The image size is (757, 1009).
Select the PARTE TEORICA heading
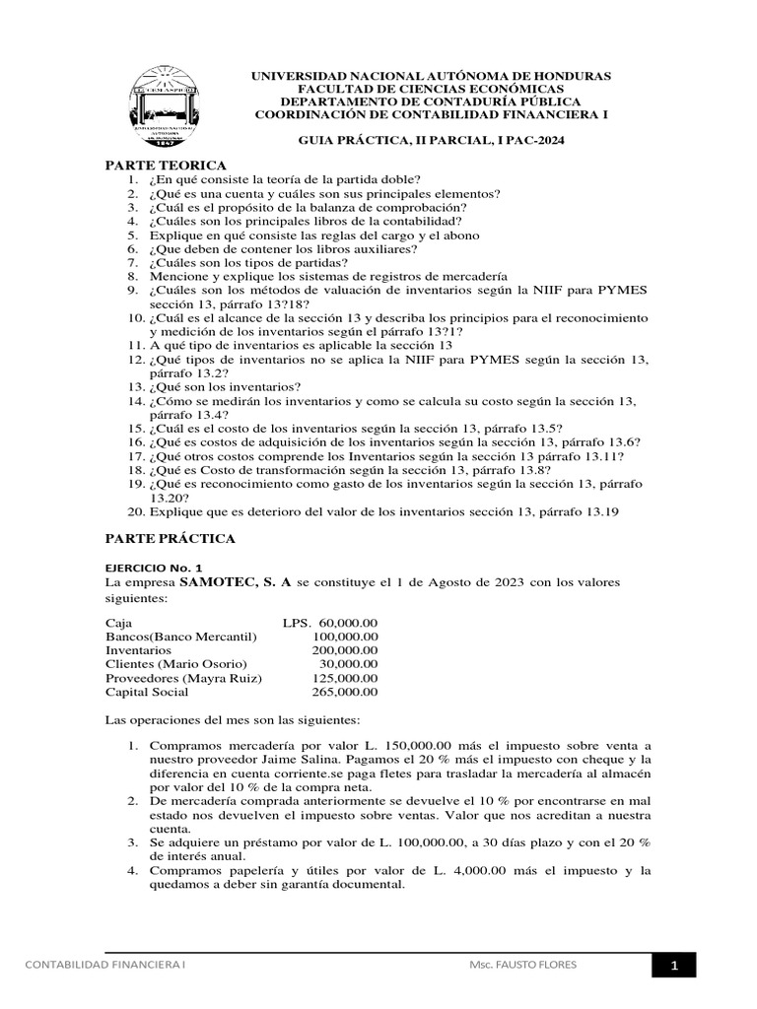(x=166, y=165)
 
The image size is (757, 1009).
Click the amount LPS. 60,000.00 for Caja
(x=329, y=623)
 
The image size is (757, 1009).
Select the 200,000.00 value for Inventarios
(x=344, y=650)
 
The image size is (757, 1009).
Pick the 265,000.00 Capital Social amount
(x=344, y=692)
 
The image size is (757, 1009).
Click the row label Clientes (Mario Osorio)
(x=176, y=664)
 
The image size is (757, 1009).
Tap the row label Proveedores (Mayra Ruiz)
(x=182, y=678)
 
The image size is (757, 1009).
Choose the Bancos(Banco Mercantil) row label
(x=180, y=637)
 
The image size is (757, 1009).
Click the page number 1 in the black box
(x=674, y=967)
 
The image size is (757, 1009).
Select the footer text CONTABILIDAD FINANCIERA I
(x=105, y=966)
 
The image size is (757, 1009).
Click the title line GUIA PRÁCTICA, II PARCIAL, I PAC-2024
(x=432, y=141)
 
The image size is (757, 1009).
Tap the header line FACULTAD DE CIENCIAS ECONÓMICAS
(x=432, y=89)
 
